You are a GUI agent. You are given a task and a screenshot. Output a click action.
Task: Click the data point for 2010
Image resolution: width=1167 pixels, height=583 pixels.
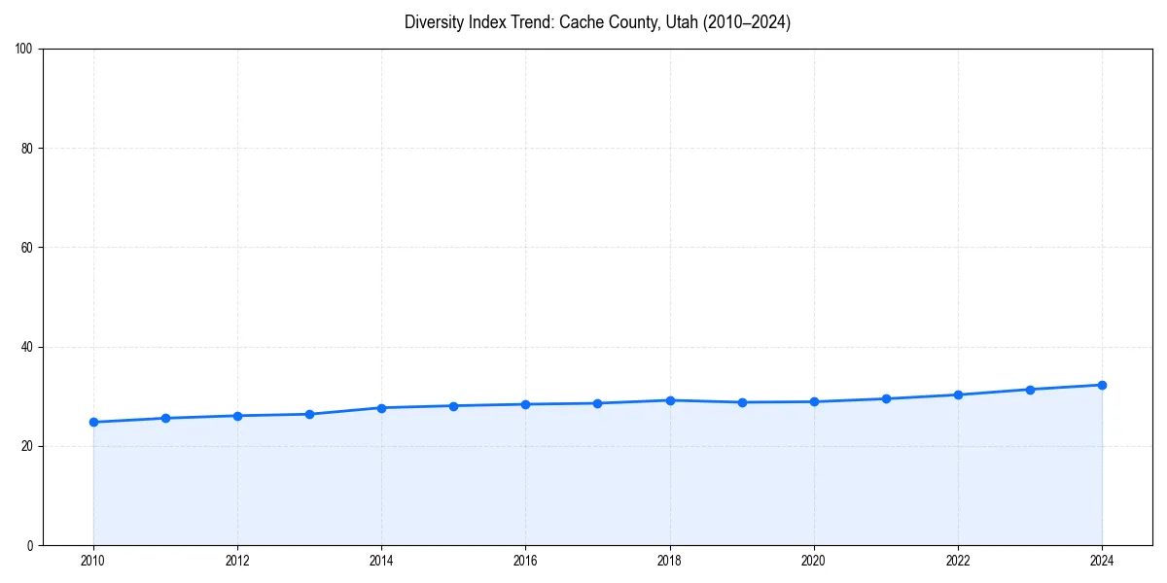93,422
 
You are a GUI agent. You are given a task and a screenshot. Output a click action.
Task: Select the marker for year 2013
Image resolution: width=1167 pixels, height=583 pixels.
309,414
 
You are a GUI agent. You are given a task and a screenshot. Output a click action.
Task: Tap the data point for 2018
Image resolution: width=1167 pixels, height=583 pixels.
670,400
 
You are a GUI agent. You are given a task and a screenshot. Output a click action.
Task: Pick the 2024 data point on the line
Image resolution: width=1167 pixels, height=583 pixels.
1102,385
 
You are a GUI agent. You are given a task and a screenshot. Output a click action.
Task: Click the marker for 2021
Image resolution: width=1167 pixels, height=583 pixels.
886,398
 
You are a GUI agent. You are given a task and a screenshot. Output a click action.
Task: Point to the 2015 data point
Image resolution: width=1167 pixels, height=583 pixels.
453,405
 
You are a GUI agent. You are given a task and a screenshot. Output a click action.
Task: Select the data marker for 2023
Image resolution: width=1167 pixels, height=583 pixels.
1030,390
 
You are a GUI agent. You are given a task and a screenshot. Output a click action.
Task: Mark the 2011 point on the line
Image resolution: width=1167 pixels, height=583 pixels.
165,418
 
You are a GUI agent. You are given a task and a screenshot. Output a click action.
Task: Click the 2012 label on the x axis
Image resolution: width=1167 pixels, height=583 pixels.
237,561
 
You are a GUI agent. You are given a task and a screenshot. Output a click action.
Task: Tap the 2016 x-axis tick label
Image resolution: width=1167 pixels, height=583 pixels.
525,561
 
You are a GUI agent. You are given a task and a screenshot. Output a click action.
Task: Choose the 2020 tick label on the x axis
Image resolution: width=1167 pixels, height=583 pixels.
814,561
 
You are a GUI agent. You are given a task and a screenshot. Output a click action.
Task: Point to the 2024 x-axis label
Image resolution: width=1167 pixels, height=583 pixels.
1102,561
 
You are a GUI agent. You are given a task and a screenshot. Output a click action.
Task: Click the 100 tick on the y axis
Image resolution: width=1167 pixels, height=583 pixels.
25,50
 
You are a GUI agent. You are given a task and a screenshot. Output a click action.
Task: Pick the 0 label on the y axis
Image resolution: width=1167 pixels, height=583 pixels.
31,545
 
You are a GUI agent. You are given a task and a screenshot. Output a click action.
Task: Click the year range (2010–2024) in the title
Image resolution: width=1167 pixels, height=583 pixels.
746,22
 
